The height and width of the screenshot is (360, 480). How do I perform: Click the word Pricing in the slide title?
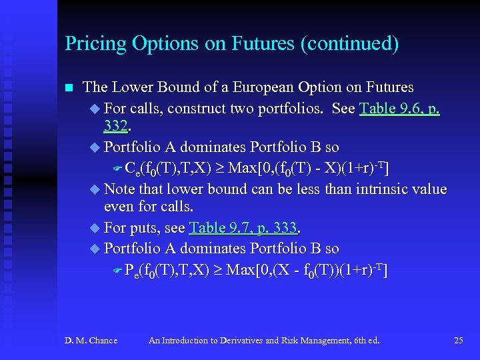[x=86, y=44]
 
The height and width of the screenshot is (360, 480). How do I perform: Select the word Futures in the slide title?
[x=265, y=44]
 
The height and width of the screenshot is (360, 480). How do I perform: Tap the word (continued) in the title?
[x=350, y=44]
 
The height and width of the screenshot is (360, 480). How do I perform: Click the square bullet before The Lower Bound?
[x=67, y=88]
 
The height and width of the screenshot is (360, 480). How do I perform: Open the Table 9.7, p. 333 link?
[x=243, y=228]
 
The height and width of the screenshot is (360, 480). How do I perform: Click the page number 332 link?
[x=115, y=125]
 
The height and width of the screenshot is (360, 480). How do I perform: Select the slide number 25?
[x=458, y=341]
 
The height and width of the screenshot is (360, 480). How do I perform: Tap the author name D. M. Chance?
[x=91, y=341]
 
